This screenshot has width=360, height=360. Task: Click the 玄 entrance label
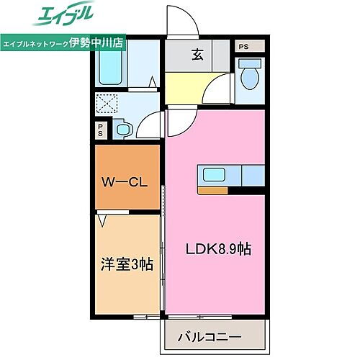tap(196, 53)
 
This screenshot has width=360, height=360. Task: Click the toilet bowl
tap(250, 77)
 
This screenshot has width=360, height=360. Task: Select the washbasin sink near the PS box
tap(123, 130)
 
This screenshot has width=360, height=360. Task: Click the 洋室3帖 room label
tap(126, 264)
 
